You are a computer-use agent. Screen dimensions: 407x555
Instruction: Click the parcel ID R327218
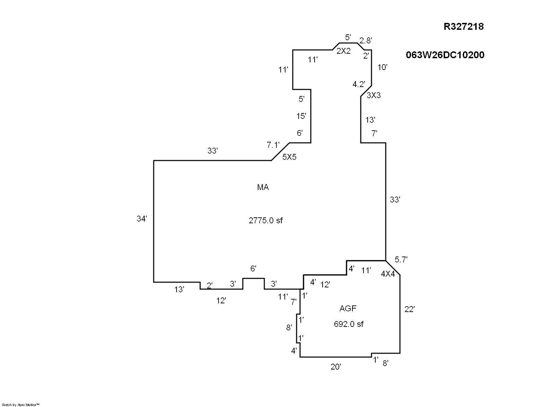click(463, 27)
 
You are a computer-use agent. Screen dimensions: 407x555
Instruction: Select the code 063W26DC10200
click(445, 55)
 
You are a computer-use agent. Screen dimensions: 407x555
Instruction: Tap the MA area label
click(263, 188)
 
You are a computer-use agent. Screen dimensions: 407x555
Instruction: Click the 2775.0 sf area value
click(266, 220)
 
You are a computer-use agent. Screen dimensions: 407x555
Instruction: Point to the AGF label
click(348, 308)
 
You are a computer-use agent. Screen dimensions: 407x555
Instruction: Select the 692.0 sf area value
click(349, 324)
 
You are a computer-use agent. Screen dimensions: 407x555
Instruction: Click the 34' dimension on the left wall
click(142, 219)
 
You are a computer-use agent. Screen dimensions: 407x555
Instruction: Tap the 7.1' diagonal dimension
click(273, 145)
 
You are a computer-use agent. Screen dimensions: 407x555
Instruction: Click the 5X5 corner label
click(289, 157)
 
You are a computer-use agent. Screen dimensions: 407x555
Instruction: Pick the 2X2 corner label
click(343, 51)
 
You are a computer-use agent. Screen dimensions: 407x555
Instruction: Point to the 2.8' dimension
click(366, 41)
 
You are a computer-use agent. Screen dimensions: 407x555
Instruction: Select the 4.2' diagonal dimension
click(359, 84)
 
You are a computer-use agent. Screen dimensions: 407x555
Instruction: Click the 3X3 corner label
click(374, 95)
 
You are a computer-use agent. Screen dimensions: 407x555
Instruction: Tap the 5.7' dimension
click(401, 259)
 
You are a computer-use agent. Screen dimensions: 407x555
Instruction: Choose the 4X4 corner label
click(388, 274)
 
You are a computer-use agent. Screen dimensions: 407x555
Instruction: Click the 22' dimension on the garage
click(410, 310)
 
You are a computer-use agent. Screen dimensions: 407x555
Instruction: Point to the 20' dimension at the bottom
click(335, 367)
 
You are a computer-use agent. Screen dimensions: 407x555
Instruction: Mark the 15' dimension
click(301, 116)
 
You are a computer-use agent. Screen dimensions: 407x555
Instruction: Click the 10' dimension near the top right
click(382, 67)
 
